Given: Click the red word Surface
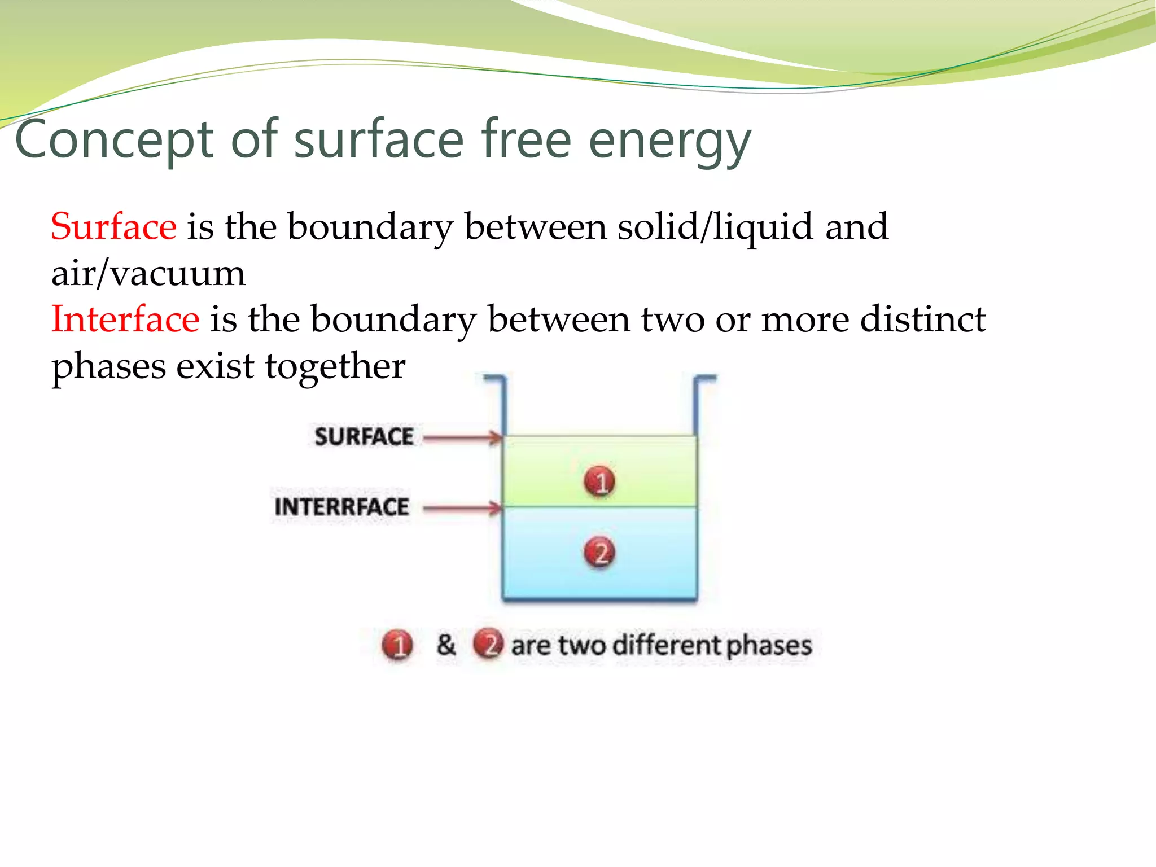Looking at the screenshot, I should [113, 227].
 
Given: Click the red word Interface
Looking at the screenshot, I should [125, 319].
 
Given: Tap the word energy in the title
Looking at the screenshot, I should [670, 141].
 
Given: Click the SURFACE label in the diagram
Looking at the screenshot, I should [364, 437].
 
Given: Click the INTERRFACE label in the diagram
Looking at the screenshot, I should [341, 507].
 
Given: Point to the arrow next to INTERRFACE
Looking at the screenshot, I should [462, 508].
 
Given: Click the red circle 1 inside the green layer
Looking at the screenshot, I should [599, 481].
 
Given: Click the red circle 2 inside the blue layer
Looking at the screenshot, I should [599, 552].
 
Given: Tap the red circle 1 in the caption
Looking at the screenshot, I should [397, 645].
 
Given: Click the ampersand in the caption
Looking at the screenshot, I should [446, 644].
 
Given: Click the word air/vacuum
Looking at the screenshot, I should [148, 274].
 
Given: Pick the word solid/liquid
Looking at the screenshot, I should [715, 227].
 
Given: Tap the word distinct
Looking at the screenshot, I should [922, 319].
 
